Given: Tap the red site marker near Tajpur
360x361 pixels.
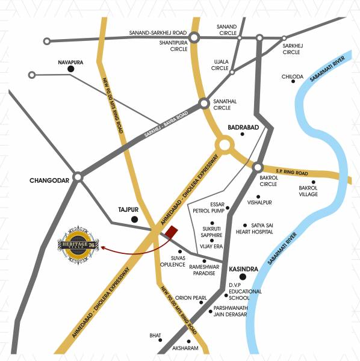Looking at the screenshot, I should (172, 232).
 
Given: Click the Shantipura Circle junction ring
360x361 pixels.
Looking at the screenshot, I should (194, 38).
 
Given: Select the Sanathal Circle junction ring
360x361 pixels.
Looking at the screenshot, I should (204, 103).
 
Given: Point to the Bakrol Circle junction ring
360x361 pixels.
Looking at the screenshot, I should (258, 168).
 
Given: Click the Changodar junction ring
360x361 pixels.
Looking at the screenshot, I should (77, 178).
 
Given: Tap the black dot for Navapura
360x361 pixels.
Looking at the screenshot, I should (70, 70).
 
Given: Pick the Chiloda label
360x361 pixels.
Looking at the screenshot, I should (293, 76).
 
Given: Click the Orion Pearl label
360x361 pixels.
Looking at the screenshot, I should (191, 297).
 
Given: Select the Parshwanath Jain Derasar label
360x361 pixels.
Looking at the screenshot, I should (236, 316).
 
